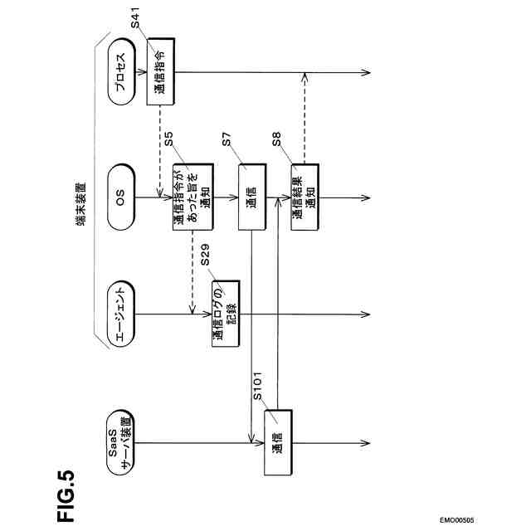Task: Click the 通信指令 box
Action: (161, 71)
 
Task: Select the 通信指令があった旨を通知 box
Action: (188, 198)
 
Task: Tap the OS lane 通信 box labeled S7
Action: (253, 198)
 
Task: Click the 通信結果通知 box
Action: (303, 198)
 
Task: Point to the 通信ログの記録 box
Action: (225, 314)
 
